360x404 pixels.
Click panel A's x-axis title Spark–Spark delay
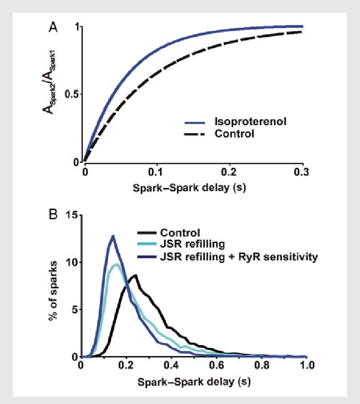tap(193, 186)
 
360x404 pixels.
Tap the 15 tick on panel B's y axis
tap(71, 215)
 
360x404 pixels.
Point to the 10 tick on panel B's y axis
tap(71, 262)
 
